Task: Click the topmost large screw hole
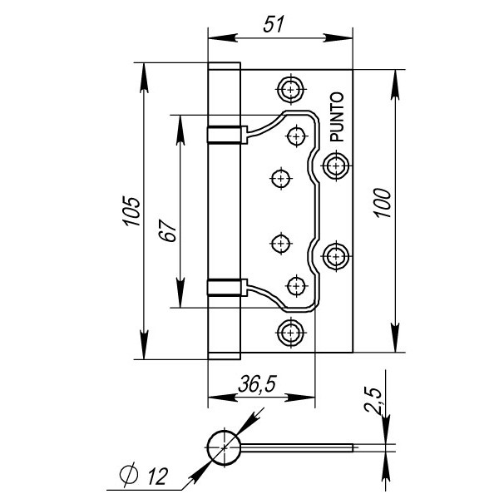tap(290, 88)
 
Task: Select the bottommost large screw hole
tap(290, 332)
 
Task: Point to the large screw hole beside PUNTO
tap(335, 166)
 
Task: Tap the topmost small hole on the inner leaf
tap(297, 135)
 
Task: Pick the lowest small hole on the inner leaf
tap(297, 285)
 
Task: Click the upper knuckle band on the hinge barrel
tap(225, 134)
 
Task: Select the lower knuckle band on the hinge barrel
tap(225, 287)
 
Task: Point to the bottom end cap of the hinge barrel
tap(224, 354)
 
